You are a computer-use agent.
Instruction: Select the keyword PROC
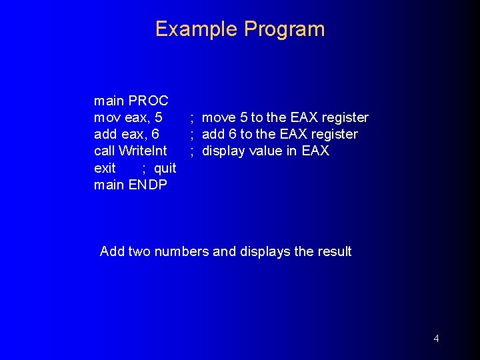148,101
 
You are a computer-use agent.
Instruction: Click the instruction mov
107,118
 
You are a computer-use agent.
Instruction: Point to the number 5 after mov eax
158,118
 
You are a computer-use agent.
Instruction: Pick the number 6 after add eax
155,135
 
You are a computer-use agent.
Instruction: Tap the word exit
105,168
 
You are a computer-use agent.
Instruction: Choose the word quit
165,168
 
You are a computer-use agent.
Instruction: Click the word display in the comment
225,151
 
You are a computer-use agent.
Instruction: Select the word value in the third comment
266,151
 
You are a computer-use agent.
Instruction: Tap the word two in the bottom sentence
139,252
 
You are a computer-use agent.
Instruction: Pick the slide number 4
436,339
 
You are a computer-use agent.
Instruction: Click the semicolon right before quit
144,168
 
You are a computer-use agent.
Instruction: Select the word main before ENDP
109,185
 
